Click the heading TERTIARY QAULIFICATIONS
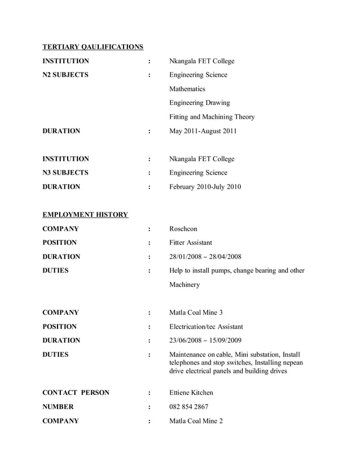pyautogui.click(x=93, y=47)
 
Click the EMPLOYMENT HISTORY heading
pyautogui.click(x=86, y=215)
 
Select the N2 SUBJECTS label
pyautogui.click(x=65, y=75)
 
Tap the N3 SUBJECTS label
pyautogui.click(x=65, y=173)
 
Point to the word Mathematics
pyautogui.click(x=187, y=89)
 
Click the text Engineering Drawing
pyautogui.click(x=199, y=103)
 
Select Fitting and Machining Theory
pyautogui.click(x=212, y=117)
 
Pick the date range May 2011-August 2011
pyautogui.click(x=203, y=131)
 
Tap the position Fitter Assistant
pyautogui.click(x=191, y=243)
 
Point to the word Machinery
pyautogui.click(x=185, y=285)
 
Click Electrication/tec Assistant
pyautogui.click(x=206, y=326)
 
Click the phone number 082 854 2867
pyautogui.click(x=188, y=407)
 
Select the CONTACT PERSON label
pyautogui.click(x=76, y=393)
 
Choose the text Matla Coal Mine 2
pyautogui.click(x=196, y=421)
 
